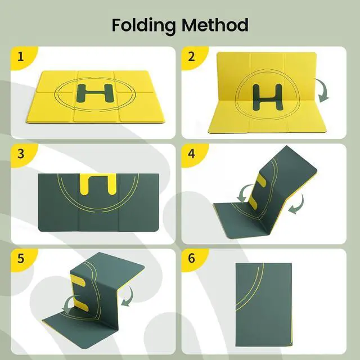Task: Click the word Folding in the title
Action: point(143,26)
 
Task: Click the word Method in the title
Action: point(215,25)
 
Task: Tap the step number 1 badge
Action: point(21,56)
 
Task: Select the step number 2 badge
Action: point(191,56)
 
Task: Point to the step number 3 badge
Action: point(21,154)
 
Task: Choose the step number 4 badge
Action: point(191,154)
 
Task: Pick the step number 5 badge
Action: point(21,258)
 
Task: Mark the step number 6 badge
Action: point(191,258)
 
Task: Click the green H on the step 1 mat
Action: point(95,93)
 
